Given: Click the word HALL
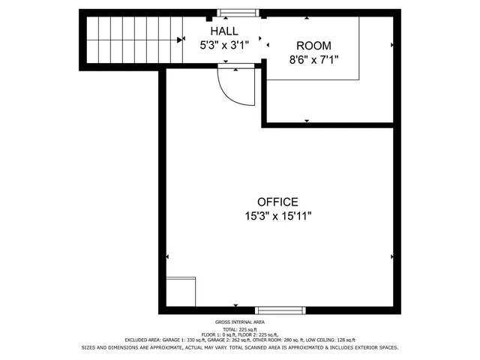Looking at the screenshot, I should pyautogui.click(x=224, y=31).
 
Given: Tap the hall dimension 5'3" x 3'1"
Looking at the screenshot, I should pyautogui.click(x=224, y=44).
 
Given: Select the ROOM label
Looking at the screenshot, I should pyautogui.click(x=313, y=46).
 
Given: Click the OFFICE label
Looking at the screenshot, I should pyautogui.click(x=277, y=202).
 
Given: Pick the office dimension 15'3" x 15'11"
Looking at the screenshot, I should pyautogui.click(x=277, y=216).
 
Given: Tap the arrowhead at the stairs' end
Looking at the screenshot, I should pyautogui.click(x=180, y=40).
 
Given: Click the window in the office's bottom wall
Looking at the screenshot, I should pyautogui.click(x=280, y=310).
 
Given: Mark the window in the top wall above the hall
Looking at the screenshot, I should pyautogui.click(x=238, y=13).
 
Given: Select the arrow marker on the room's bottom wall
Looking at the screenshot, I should pyautogui.click(x=307, y=120).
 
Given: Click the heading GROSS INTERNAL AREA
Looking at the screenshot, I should pyautogui.click(x=239, y=321).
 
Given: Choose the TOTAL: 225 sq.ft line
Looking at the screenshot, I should pyautogui.click(x=239, y=328).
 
